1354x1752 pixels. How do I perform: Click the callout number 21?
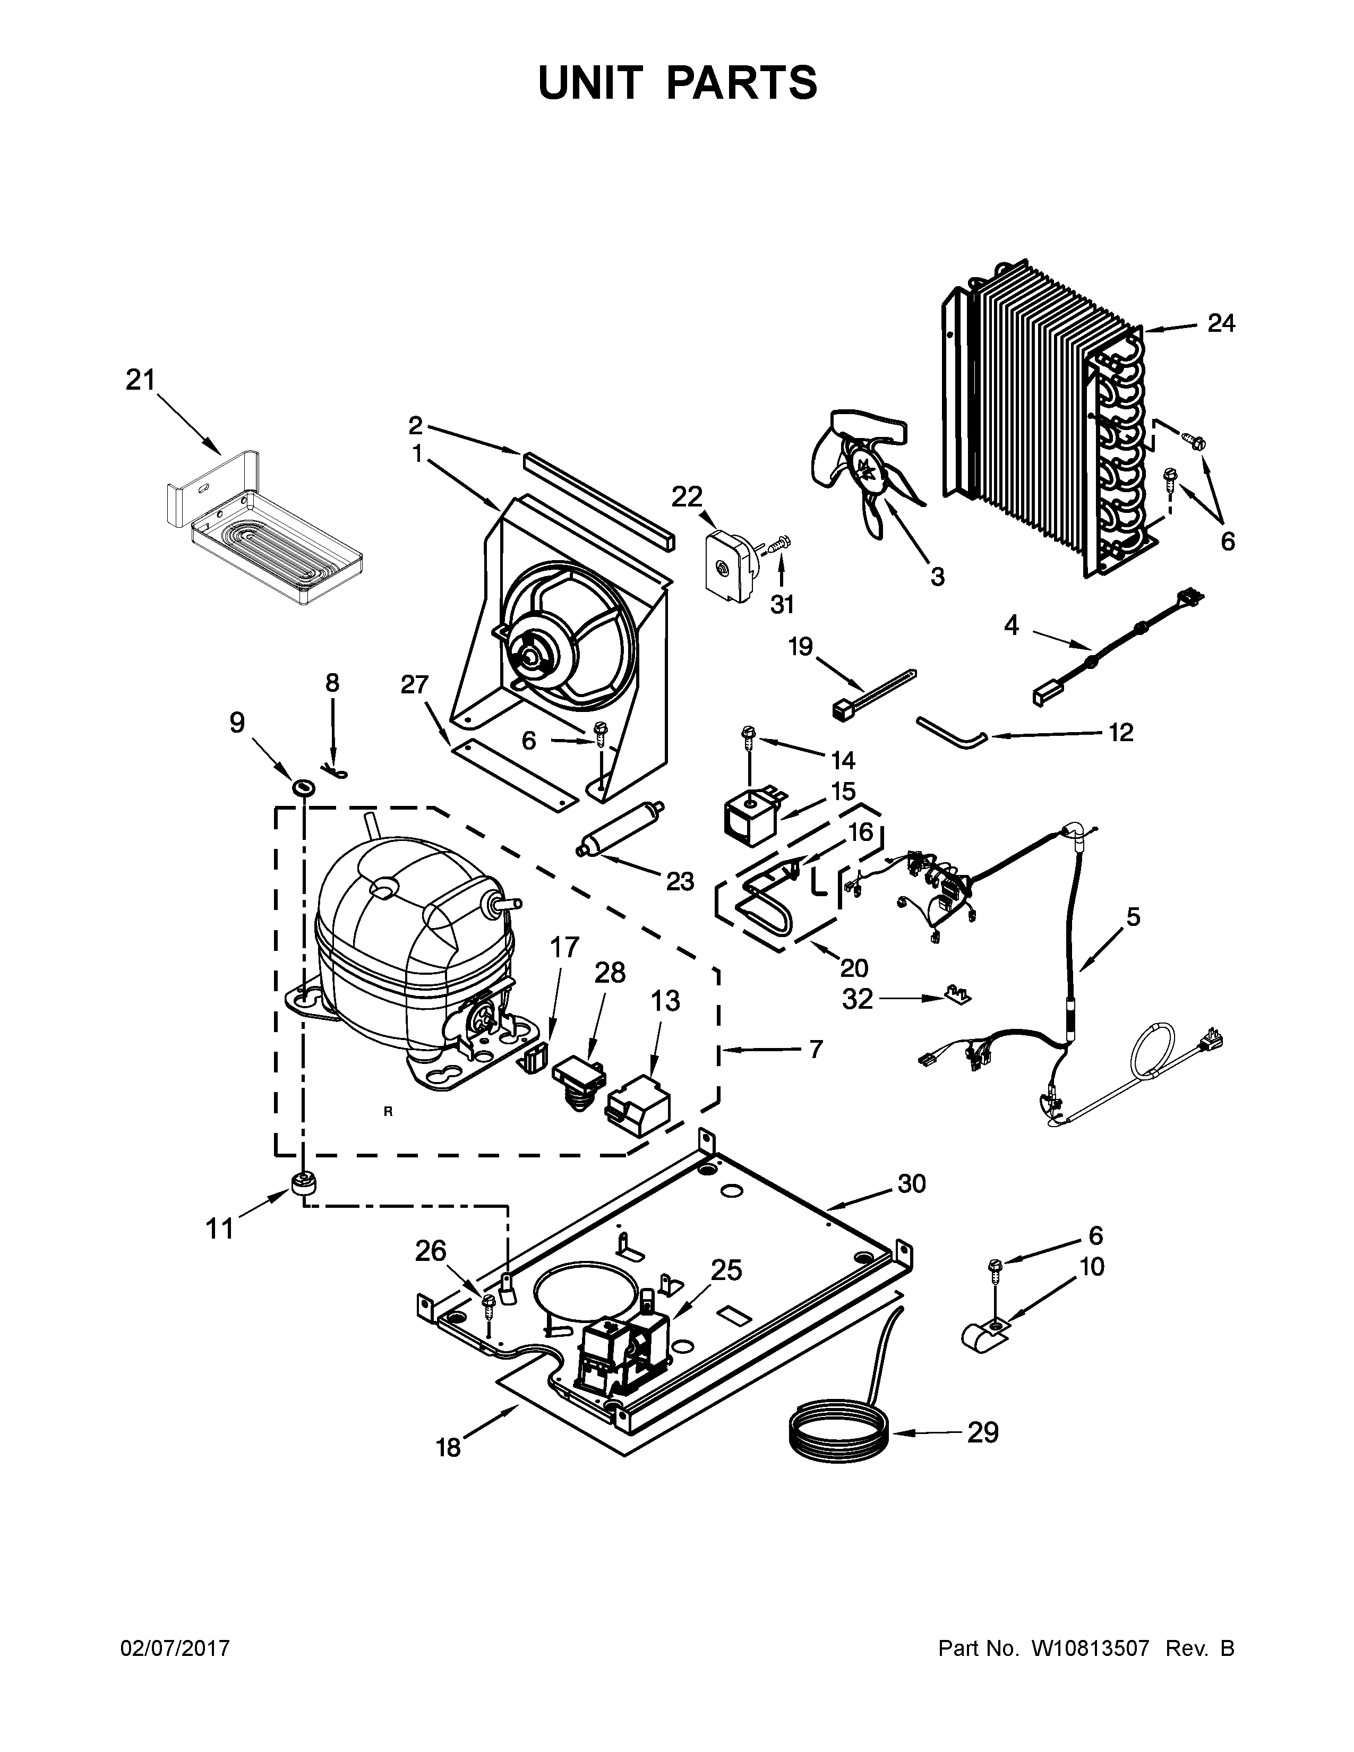[x=140, y=380]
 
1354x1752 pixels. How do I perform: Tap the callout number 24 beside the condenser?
[x=1221, y=323]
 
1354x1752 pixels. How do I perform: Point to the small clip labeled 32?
[x=956, y=995]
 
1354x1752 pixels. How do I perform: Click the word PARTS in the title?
[x=740, y=83]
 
